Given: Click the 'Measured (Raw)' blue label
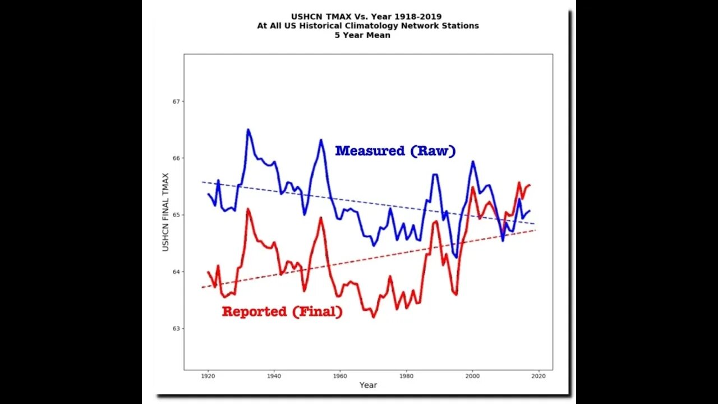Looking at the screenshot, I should coord(395,151).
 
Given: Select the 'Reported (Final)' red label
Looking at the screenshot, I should coord(282,311).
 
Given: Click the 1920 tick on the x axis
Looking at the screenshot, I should coord(208,375).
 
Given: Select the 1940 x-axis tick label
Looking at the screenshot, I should coord(274,375).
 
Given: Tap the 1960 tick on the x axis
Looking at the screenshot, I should coord(340,375).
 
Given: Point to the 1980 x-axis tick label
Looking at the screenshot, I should coord(407,375).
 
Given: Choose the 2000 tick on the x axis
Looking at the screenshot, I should coord(473,375).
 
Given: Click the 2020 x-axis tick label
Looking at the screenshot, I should coord(539,375).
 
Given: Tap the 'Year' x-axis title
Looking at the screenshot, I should coord(368,385).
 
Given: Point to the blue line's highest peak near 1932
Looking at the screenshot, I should coord(248,130).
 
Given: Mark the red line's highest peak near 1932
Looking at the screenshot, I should coord(248,209).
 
